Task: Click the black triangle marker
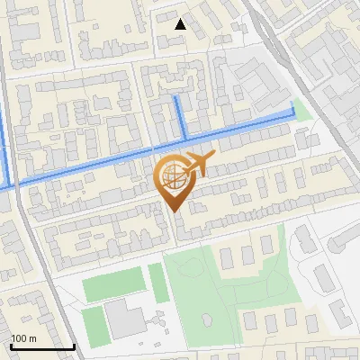(x=180, y=24)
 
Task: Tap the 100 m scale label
(x=23, y=338)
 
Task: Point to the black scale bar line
(x=42, y=346)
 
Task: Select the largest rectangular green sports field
(x=113, y=284)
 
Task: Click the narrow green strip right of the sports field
(x=158, y=283)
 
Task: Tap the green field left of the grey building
(x=95, y=325)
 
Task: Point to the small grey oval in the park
(x=208, y=319)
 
